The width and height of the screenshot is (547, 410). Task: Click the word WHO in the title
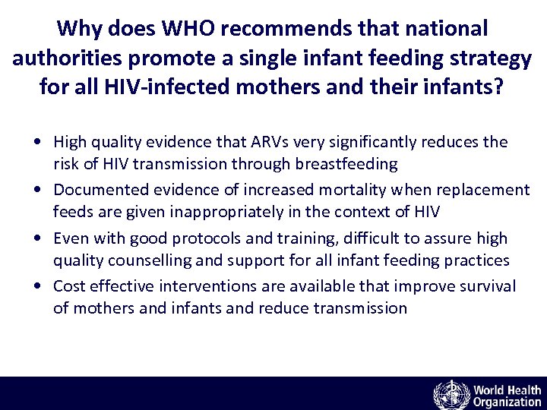pyautogui.click(x=175, y=29)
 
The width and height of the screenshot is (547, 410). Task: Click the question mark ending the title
pyautogui.click(x=498, y=87)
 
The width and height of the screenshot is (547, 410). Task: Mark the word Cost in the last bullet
pyautogui.click(x=68, y=286)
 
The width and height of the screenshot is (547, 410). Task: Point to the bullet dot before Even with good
pyautogui.click(x=37, y=239)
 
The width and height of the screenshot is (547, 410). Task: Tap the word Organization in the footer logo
pyautogui.click(x=507, y=402)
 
